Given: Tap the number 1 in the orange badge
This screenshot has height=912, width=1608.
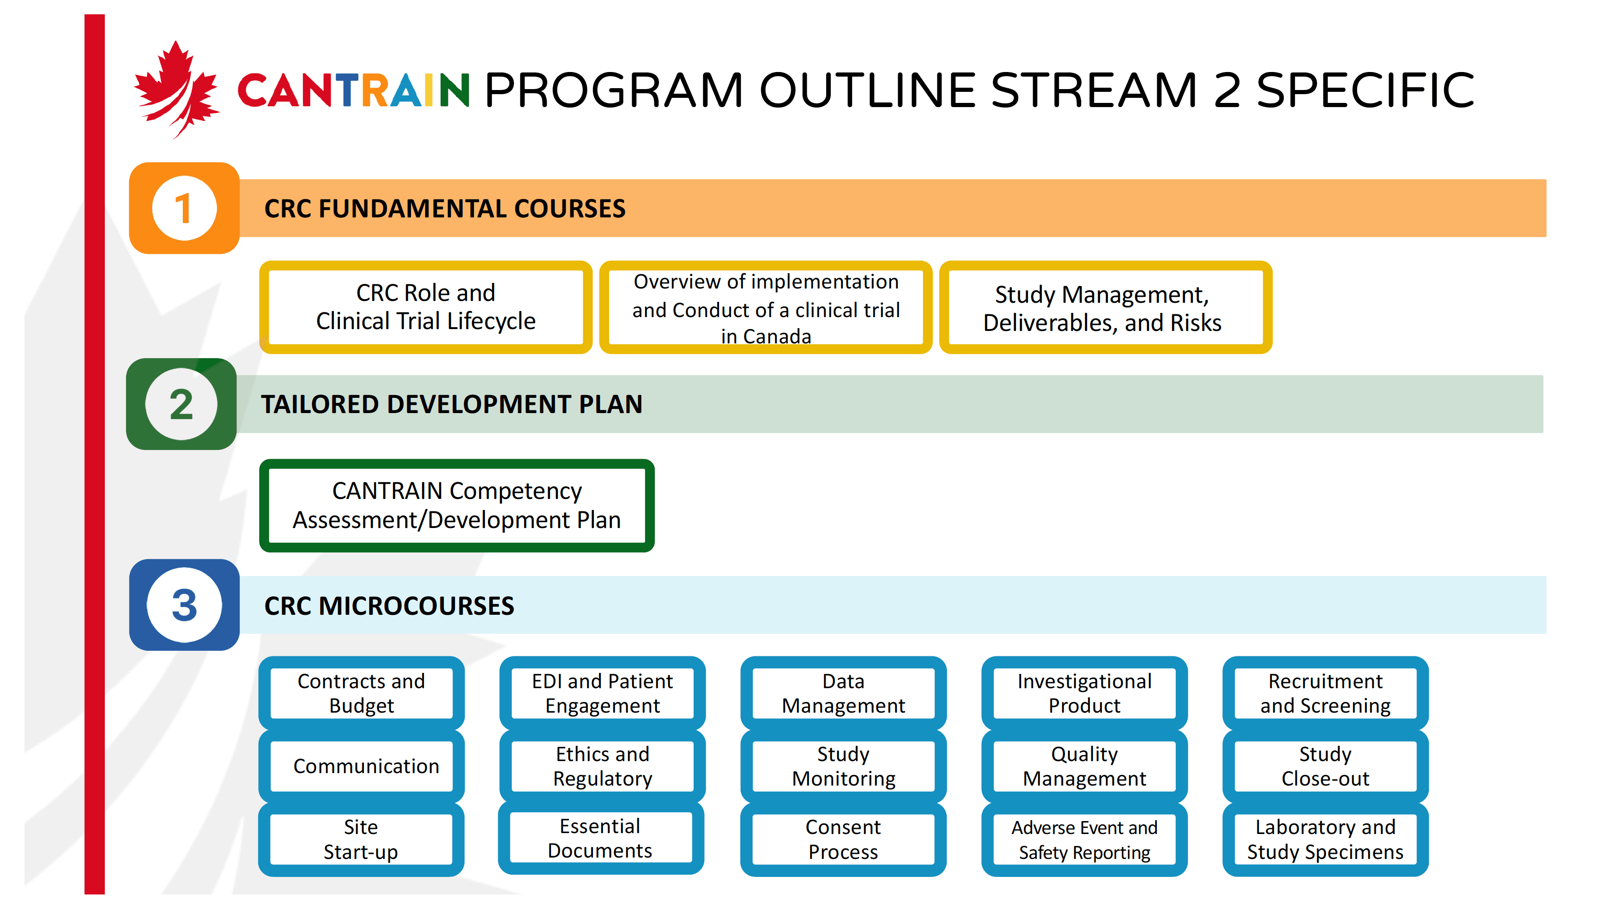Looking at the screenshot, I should [x=184, y=209].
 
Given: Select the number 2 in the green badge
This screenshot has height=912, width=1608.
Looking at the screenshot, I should [x=181, y=405].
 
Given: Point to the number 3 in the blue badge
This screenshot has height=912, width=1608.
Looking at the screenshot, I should [x=184, y=606].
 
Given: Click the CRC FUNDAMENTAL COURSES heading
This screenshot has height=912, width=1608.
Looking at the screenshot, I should [x=444, y=209].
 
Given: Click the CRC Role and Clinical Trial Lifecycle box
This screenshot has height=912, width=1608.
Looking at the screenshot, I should [x=425, y=307].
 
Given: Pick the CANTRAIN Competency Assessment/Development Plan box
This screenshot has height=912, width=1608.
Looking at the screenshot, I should [x=457, y=505].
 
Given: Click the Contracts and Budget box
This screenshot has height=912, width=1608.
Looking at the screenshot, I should [x=362, y=693].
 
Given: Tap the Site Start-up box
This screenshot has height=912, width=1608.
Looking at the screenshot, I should [x=362, y=840].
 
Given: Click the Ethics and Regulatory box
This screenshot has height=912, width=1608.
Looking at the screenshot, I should [x=602, y=766].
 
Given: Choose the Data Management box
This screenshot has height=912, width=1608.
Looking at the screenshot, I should [x=843, y=693].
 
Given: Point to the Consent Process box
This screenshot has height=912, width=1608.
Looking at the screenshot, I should [x=843, y=840].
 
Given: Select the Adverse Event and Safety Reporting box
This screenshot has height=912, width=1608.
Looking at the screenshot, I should [x=1084, y=840].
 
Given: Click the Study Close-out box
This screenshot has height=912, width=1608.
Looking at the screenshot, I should [x=1325, y=766].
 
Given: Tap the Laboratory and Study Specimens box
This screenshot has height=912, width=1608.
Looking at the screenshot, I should [x=1325, y=840].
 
